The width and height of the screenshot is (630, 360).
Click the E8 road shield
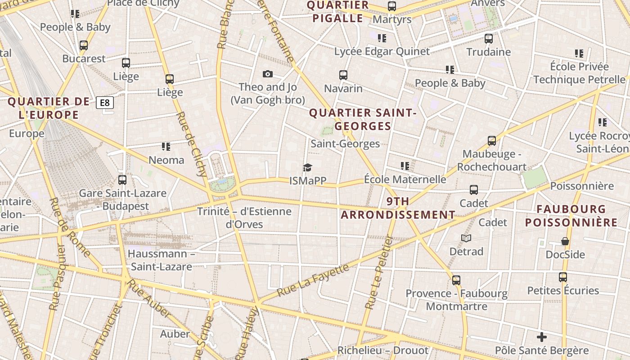pos(104,103)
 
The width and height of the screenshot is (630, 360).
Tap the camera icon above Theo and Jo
pos(268,74)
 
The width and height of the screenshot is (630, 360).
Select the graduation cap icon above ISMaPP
pos(307,167)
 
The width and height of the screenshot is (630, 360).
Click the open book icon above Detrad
pos(466,238)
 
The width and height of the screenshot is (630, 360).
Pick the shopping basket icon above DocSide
pos(565,241)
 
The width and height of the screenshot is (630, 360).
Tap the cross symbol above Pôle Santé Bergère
pos(542,337)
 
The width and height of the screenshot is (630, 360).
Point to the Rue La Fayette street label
pos(313,280)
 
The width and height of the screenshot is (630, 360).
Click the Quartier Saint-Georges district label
pos(363,119)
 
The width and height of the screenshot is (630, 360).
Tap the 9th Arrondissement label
pos(398,208)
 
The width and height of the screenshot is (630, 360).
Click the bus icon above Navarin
pos(343,75)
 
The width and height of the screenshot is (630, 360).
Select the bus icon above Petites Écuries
pos(563,277)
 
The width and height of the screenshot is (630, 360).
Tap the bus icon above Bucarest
pos(84,45)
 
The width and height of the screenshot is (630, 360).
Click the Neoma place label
pos(166,160)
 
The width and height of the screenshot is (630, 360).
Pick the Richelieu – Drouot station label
pos(383,350)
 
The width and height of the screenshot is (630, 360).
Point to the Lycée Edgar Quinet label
pos(382,51)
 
